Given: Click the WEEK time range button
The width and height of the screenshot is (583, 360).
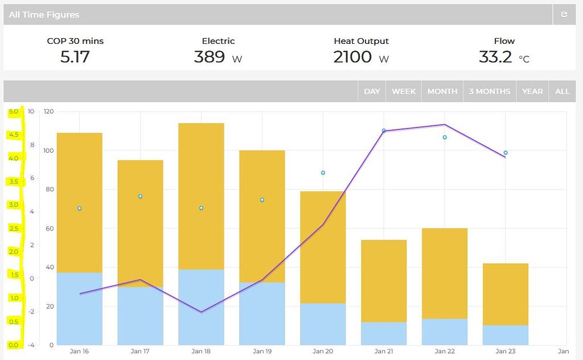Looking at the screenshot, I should click(x=404, y=91).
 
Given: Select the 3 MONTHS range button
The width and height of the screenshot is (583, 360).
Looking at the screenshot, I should click(x=489, y=91).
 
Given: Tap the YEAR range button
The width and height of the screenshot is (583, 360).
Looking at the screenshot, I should click(x=532, y=91).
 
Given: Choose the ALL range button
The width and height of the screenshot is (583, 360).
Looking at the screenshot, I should click(x=562, y=91).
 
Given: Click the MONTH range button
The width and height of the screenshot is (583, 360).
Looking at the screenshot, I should click(x=442, y=91).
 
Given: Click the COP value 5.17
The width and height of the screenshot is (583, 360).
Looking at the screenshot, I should click(x=75, y=56).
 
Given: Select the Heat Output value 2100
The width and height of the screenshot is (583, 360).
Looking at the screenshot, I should click(x=352, y=56).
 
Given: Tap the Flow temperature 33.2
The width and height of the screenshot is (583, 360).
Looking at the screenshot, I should click(x=495, y=56).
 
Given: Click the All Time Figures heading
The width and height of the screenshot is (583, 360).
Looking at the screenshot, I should click(x=44, y=15).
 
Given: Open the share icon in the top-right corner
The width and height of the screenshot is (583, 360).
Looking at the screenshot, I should click(x=564, y=15).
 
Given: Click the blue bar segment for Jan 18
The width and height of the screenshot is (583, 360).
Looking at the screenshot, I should click(x=201, y=307).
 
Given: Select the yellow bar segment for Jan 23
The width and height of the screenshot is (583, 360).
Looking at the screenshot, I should click(x=505, y=294).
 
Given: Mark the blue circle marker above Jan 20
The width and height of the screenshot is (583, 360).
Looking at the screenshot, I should click(x=323, y=173).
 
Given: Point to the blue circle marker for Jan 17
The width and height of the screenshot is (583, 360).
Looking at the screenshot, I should click(x=140, y=197).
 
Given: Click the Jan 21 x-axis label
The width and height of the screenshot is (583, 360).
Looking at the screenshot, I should click(x=383, y=351).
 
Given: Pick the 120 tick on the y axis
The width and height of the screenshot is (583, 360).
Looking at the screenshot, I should click(x=48, y=112).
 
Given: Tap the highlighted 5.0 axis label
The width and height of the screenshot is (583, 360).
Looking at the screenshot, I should click(x=13, y=112).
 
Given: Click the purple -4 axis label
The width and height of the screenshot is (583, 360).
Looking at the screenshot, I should click(x=31, y=345).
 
